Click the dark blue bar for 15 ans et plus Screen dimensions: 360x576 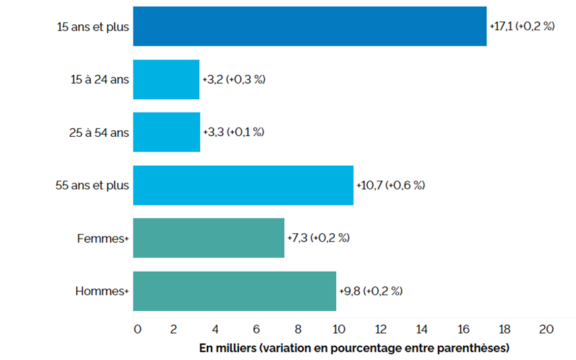[310, 26]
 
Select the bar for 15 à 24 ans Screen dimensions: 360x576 [166, 80]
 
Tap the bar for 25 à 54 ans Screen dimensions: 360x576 [166, 132]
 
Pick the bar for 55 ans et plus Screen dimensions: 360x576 [243, 185]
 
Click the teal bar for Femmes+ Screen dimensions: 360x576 [209, 238]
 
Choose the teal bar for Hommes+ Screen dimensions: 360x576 [234, 291]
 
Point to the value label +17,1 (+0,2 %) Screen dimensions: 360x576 [522, 27]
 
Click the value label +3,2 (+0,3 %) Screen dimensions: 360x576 [234, 80]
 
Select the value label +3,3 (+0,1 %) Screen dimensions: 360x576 [234, 132]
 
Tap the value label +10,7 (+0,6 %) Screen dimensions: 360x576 [391, 185]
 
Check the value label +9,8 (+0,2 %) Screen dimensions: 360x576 [371, 291]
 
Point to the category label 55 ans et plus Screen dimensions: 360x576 [92, 185]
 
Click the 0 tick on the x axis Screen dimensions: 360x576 [137, 330]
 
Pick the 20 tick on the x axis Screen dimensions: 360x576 [546, 330]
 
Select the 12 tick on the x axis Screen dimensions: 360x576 [381, 330]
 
